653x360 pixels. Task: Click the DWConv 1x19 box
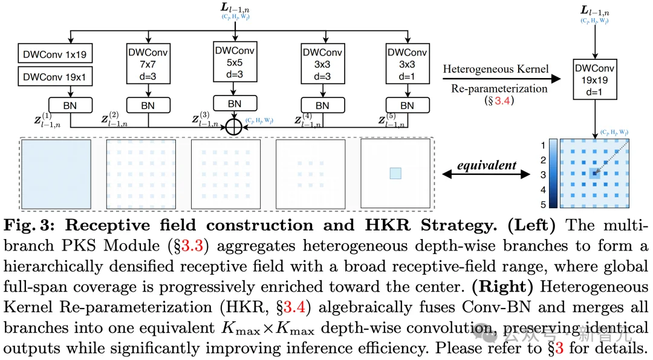click(x=55, y=54)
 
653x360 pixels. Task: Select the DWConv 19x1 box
click(x=55, y=76)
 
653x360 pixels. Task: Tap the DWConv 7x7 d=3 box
click(x=148, y=64)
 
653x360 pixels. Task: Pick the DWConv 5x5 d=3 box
click(x=235, y=62)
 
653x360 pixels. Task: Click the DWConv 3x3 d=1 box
click(x=408, y=64)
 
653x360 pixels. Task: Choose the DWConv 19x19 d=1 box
click(x=595, y=79)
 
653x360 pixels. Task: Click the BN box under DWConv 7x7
click(x=148, y=105)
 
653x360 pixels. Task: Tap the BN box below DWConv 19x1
click(x=70, y=105)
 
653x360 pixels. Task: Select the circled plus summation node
click(x=233, y=127)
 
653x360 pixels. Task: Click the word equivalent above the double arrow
click(x=486, y=165)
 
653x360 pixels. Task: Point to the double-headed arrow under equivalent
click(x=486, y=174)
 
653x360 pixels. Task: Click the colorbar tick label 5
click(x=543, y=205)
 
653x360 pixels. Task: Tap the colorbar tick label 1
click(x=543, y=145)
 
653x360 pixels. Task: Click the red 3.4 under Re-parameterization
click(x=502, y=100)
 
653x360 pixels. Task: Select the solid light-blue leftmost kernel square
click(x=56, y=174)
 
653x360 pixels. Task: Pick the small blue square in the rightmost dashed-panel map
click(x=395, y=173)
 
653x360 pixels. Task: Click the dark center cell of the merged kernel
click(x=594, y=173)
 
